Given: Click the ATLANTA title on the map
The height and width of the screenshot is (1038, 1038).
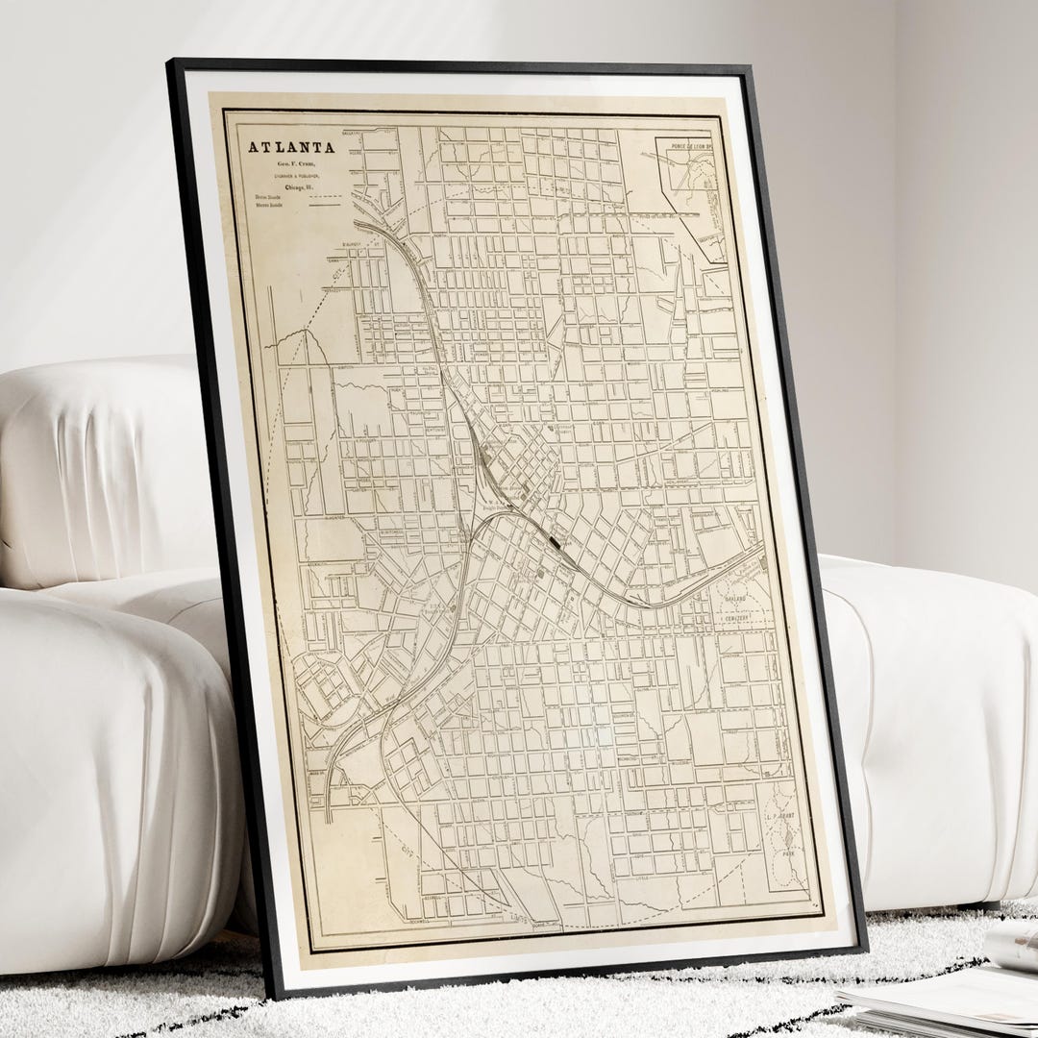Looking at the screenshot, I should (x=292, y=148).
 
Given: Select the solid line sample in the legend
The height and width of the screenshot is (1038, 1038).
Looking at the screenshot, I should (x=326, y=205).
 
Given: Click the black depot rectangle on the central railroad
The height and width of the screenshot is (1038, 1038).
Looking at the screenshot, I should (x=556, y=545).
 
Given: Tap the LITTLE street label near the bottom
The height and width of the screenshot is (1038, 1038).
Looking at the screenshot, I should (x=642, y=876).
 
